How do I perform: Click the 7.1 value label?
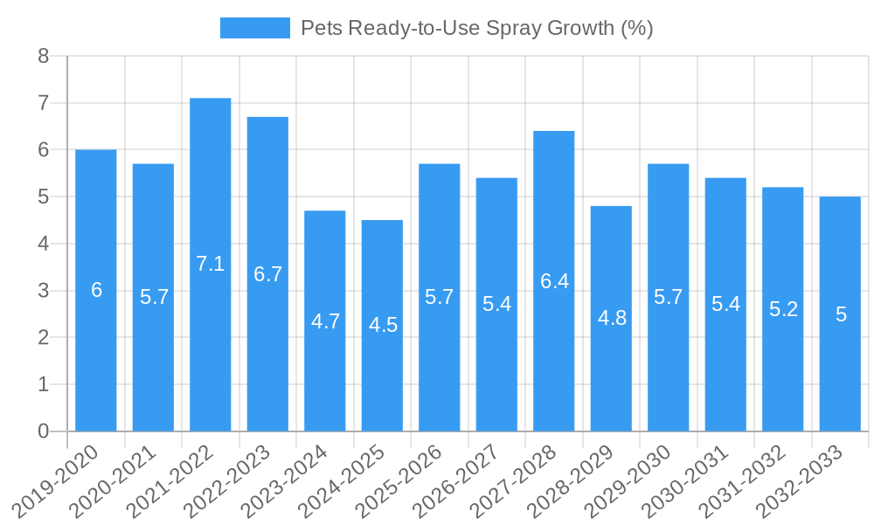(x=211, y=264)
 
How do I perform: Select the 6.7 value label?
(x=267, y=274)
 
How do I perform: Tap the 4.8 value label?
(x=612, y=318)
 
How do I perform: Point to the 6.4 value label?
(x=554, y=281)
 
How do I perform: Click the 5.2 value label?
(x=783, y=309)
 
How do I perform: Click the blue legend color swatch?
(x=254, y=28)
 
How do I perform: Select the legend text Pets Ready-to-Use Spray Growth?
(x=476, y=28)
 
